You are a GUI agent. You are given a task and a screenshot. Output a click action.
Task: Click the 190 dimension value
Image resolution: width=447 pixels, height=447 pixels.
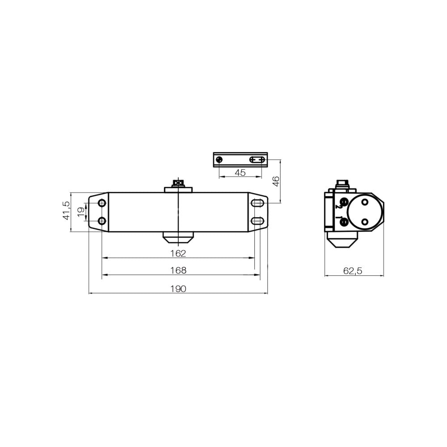[x=178, y=289]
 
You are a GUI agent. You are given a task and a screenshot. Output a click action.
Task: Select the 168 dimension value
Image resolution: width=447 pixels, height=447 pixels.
[x=178, y=270]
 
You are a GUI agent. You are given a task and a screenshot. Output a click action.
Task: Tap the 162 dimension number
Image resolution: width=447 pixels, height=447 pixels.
[x=178, y=253]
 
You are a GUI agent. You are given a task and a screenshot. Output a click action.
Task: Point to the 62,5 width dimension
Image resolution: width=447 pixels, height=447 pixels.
[x=353, y=270]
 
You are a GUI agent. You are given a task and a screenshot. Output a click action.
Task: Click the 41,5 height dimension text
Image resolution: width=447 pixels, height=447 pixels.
[x=66, y=211]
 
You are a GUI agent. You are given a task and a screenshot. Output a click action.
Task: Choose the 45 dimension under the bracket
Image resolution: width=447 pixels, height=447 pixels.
[x=240, y=173]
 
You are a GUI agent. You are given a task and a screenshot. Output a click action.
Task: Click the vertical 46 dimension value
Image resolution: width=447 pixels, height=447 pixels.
[x=276, y=181]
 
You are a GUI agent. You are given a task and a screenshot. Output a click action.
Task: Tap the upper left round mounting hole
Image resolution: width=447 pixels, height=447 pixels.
[x=102, y=203]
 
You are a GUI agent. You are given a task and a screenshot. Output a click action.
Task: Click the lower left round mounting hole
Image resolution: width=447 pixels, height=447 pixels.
[x=102, y=221]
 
